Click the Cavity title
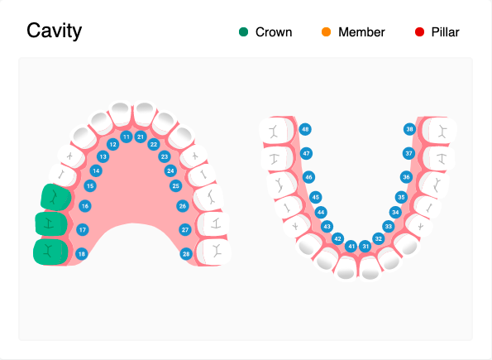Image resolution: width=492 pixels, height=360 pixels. pyautogui.click(x=55, y=31)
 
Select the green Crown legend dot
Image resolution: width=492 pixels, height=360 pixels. pyautogui.click(x=243, y=32)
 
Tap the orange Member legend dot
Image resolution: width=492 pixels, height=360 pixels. pyautogui.click(x=326, y=32)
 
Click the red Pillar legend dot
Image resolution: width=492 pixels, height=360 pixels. pyautogui.click(x=419, y=32)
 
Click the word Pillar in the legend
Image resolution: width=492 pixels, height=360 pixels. pyautogui.click(x=445, y=32)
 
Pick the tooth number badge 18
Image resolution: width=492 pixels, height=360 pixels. pyautogui.click(x=81, y=254)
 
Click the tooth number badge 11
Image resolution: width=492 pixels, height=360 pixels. pyautogui.click(x=127, y=136)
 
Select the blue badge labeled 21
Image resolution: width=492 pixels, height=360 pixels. pyautogui.click(x=141, y=136)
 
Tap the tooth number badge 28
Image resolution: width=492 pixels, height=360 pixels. pyautogui.click(x=186, y=254)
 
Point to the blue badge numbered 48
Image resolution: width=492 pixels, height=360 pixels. pyautogui.click(x=305, y=130)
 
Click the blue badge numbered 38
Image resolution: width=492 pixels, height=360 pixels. pyautogui.click(x=409, y=130)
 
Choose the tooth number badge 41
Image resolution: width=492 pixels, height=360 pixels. pyautogui.click(x=351, y=247)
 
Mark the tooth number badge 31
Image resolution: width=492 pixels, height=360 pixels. pyautogui.click(x=365, y=247)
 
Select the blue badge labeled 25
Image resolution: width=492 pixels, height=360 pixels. pyautogui.click(x=176, y=186)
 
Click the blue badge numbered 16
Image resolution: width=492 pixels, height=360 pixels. pyautogui.click(x=85, y=205)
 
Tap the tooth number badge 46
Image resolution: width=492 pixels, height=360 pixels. pyautogui.click(x=308, y=177)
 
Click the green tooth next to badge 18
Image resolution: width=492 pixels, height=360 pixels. pyautogui.click(x=50, y=252)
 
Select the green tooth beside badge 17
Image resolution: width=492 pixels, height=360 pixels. pyautogui.click(x=51, y=224)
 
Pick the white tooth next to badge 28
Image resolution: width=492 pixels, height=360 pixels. pyautogui.click(x=216, y=250)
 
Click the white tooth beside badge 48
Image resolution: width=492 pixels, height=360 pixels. pyautogui.click(x=275, y=130)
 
